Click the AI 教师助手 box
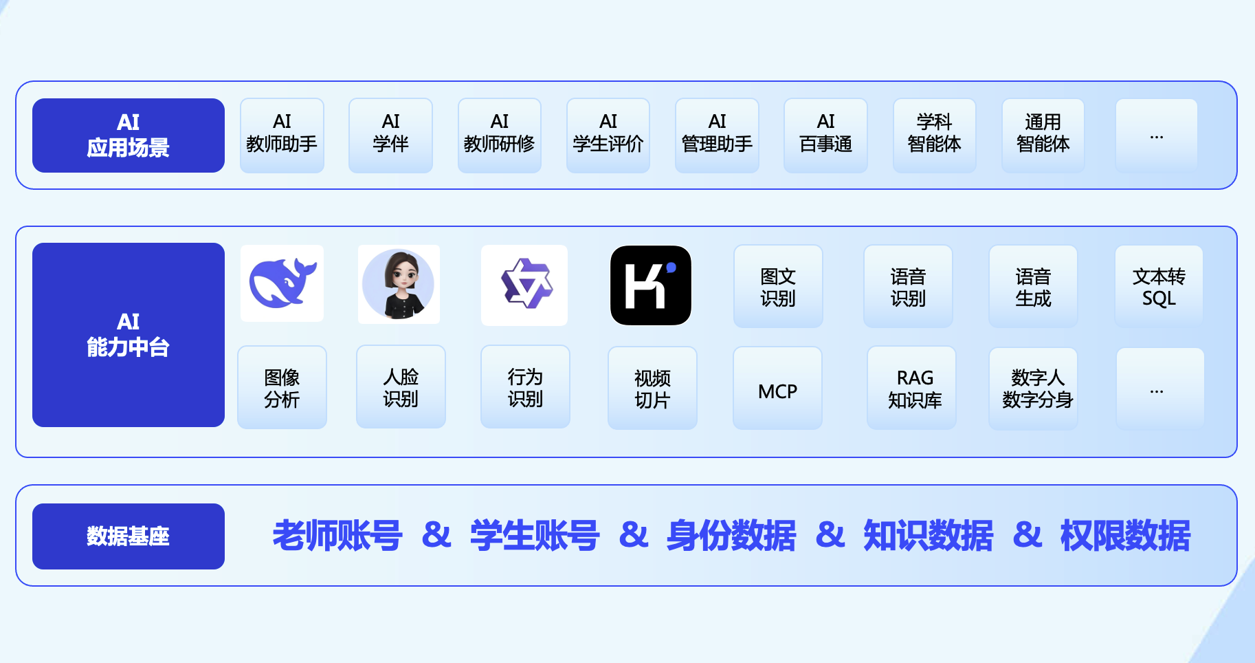pyautogui.click(x=282, y=135)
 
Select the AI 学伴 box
pyautogui.click(x=390, y=135)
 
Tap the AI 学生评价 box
pyautogui.click(x=608, y=135)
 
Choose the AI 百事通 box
pyautogui.click(x=825, y=135)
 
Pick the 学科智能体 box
pyautogui.click(x=934, y=135)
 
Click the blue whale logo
pyautogui.click(x=282, y=283)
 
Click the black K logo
pyautogui.click(x=651, y=285)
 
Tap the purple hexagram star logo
pyautogui.click(x=524, y=285)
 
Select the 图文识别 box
pyautogui.click(x=778, y=287)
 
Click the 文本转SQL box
pyautogui.click(x=1159, y=287)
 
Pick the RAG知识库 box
pyautogui.click(x=911, y=389)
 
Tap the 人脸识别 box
pyautogui.click(x=401, y=387)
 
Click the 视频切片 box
pyautogui.click(x=652, y=389)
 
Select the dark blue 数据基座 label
pyautogui.click(x=129, y=536)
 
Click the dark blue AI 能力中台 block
pyautogui.click(x=129, y=335)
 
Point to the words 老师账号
pyautogui.click(x=337, y=536)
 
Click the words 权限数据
pyautogui.click(x=1125, y=536)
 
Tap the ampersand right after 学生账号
pyautogui.click(x=633, y=535)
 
